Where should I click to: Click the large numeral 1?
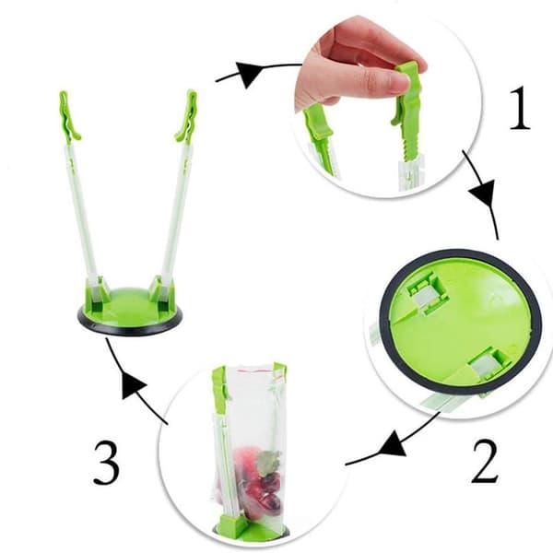[521, 108]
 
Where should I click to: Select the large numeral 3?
[107, 462]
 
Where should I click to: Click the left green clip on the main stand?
[68, 117]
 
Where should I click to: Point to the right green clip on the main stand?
[188, 116]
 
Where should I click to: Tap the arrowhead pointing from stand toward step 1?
[248, 74]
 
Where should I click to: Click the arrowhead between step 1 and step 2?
[484, 193]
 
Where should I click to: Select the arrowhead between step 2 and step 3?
[394, 445]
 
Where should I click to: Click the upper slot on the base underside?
[428, 293]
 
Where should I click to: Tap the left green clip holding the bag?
[219, 388]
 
